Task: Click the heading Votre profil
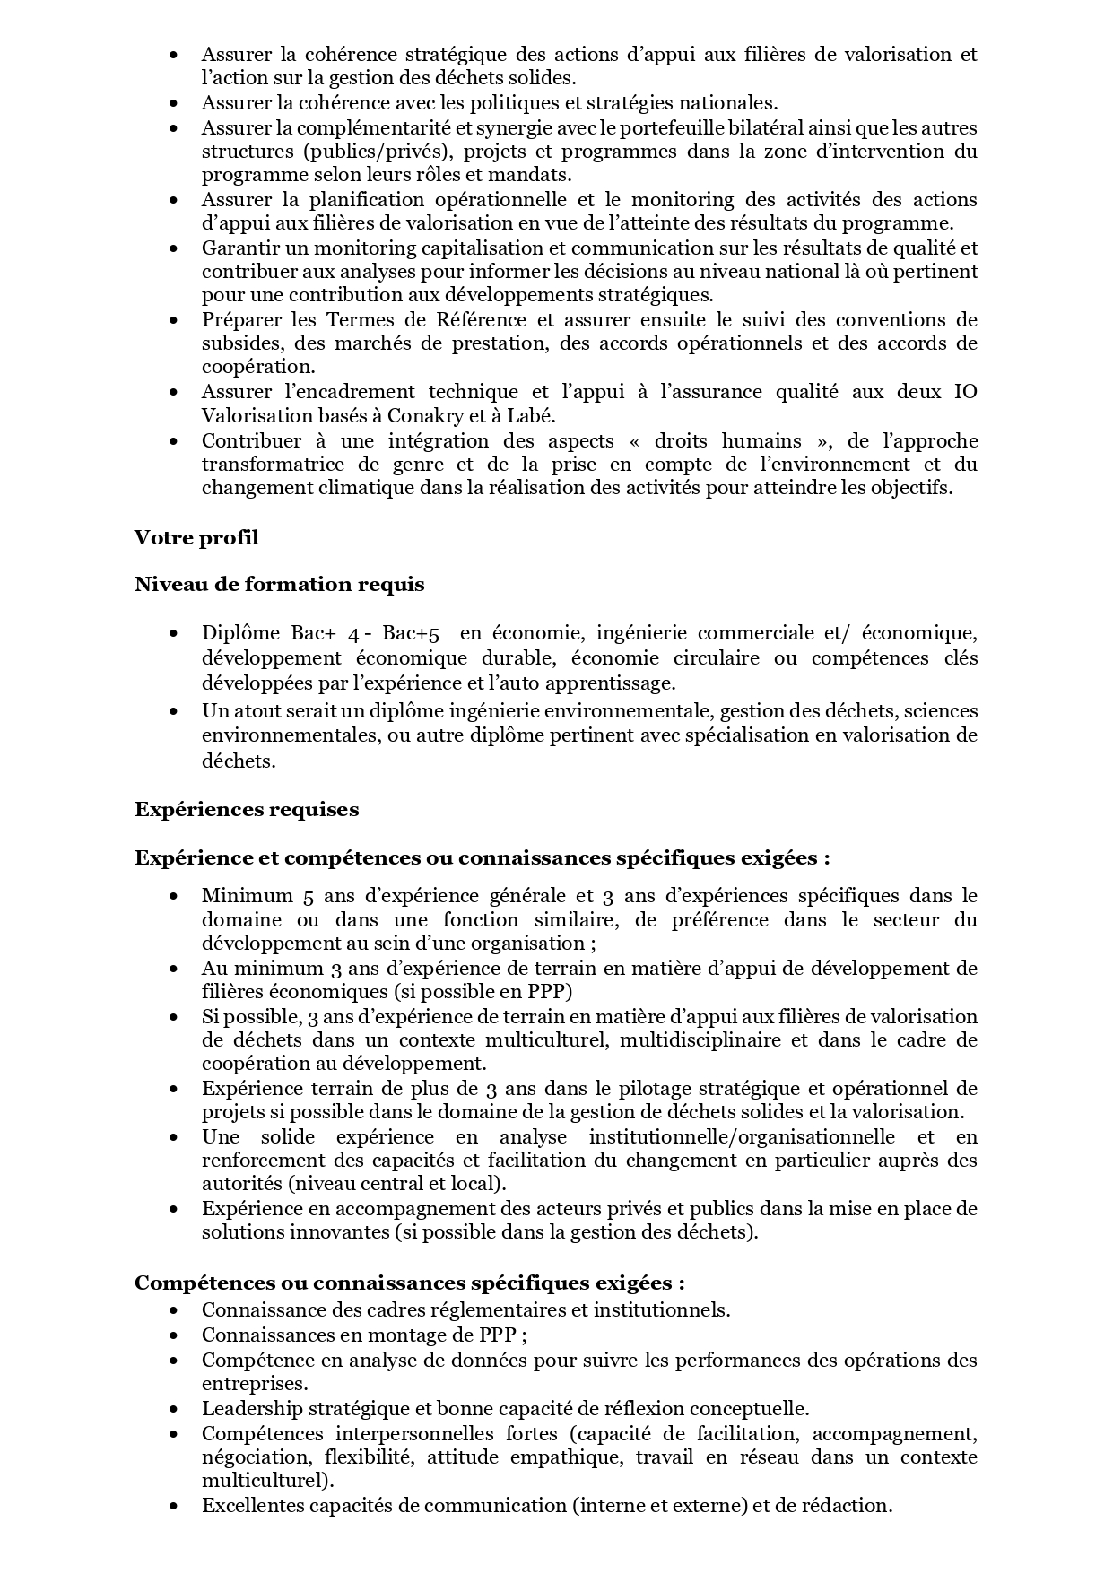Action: (196, 537)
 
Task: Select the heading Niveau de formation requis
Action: (279, 585)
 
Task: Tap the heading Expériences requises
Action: (247, 809)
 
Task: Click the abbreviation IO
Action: (965, 392)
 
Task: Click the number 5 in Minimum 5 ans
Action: (309, 895)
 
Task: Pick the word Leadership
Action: (252, 1408)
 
